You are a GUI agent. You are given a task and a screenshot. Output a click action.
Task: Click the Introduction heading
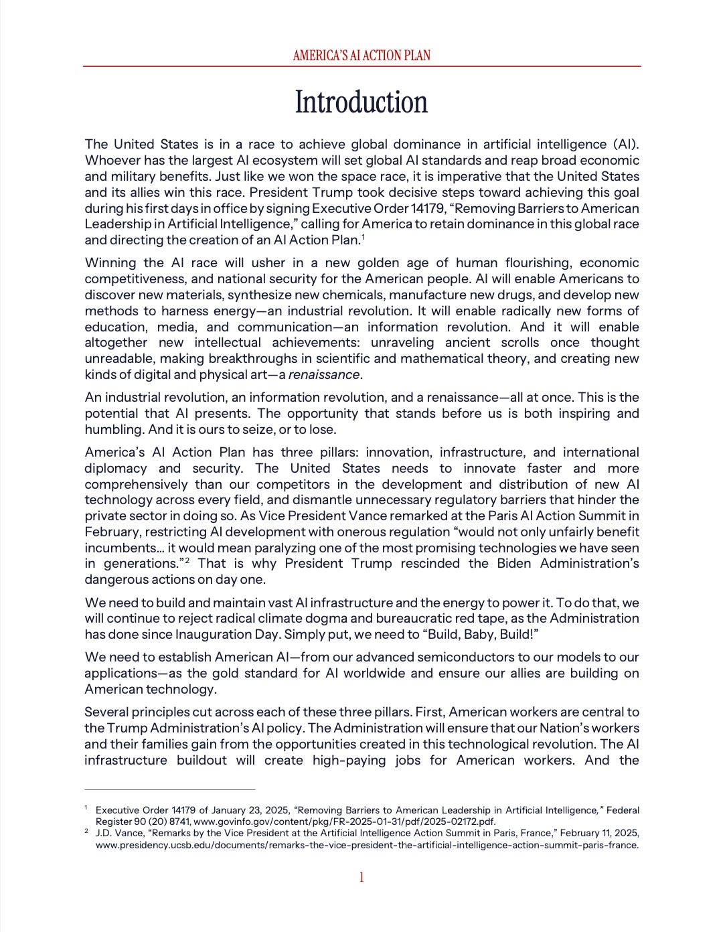(x=361, y=102)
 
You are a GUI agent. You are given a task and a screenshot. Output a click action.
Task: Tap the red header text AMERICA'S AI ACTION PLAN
(x=361, y=56)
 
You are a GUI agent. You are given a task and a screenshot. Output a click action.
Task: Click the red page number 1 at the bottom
(x=361, y=877)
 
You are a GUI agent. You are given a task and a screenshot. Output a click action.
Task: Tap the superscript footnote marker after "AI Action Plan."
(x=363, y=237)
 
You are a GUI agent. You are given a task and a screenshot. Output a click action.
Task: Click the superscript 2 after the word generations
(x=187, y=560)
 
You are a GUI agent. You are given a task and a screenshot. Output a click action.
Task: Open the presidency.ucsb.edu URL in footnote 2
(x=367, y=845)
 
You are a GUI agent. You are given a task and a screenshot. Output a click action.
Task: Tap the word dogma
(x=311, y=618)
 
